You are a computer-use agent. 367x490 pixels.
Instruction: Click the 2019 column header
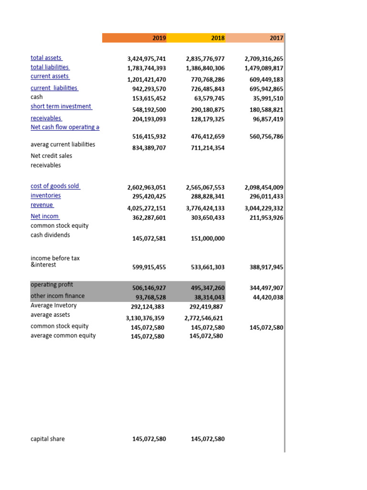click(x=159, y=38)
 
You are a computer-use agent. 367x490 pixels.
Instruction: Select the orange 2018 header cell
click(x=218, y=38)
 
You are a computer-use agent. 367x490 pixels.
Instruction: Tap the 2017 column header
click(x=276, y=38)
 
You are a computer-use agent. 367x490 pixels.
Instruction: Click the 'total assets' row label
click(x=46, y=58)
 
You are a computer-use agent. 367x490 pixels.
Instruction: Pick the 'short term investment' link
click(x=61, y=106)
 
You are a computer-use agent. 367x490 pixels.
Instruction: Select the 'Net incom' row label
click(x=45, y=216)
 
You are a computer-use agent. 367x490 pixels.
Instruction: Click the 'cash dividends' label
click(x=50, y=235)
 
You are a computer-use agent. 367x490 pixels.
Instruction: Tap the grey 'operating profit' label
click(x=52, y=284)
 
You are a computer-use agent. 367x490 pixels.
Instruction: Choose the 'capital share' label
click(x=48, y=439)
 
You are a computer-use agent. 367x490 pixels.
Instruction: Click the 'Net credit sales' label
click(x=52, y=156)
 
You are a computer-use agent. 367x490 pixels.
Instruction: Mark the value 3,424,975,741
click(x=146, y=59)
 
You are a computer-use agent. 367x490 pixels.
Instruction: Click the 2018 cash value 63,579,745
click(x=207, y=99)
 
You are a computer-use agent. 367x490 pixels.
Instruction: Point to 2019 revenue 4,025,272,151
click(x=146, y=208)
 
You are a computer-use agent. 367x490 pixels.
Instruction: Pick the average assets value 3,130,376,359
click(x=145, y=318)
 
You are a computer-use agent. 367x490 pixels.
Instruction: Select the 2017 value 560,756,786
click(x=266, y=137)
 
